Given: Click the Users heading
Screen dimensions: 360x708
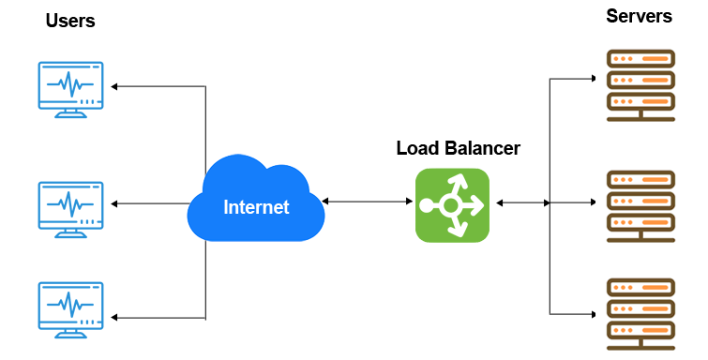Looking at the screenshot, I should (x=70, y=21).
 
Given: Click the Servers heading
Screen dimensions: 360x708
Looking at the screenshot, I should (x=639, y=16).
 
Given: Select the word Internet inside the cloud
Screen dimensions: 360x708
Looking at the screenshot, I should (x=256, y=206).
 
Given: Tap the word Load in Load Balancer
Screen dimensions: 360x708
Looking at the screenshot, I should (x=417, y=148).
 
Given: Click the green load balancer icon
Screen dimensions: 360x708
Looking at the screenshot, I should (x=452, y=205).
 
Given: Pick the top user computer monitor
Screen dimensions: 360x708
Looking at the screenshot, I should (x=70, y=85).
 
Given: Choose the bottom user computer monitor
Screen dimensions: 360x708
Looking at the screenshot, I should (x=70, y=306).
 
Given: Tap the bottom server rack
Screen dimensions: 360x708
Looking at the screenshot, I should (x=640, y=310).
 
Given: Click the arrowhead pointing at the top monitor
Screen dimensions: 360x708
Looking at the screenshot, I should (x=115, y=86).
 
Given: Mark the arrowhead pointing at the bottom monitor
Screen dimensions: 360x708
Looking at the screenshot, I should (x=115, y=316).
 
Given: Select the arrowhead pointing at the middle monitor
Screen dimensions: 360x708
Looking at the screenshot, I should (x=115, y=202).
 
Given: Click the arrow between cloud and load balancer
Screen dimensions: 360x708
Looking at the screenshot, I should (x=367, y=201).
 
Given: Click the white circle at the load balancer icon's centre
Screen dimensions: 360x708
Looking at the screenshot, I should (x=450, y=204).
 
